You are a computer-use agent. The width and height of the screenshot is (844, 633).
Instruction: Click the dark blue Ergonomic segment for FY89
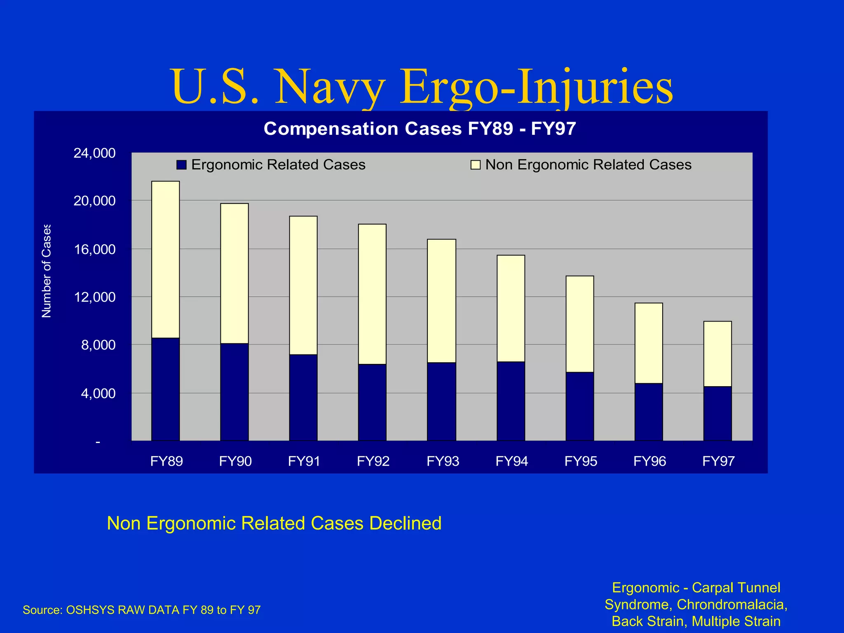(x=165, y=389)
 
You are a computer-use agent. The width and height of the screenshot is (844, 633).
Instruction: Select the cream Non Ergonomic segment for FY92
(x=372, y=294)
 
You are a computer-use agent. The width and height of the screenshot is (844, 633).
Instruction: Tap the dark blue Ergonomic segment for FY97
(x=717, y=413)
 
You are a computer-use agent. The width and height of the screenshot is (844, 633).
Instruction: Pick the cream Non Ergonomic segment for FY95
(x=579, y=324)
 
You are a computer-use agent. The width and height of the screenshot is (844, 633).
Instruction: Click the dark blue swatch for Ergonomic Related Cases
(x=181, y=165)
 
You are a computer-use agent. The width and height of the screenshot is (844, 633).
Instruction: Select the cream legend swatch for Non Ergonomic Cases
(x=476, y=165)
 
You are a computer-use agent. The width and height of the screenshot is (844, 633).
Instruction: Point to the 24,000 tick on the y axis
(x=94, y=153)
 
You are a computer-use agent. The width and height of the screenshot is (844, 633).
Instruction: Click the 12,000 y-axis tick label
(x=94, y=297)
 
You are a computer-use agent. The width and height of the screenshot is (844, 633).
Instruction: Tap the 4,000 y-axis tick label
(x=98, y=393)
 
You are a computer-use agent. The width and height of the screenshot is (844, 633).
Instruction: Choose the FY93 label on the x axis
(x=443, y=461)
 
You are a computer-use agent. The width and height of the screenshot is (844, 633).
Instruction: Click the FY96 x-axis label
(x=649, y=461)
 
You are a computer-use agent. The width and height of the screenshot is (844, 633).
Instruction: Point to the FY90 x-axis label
(x=235, y=461)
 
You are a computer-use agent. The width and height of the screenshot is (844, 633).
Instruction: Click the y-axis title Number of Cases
(x=47, y=271)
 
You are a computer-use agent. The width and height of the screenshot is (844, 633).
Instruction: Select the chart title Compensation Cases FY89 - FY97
(x=420, y=129)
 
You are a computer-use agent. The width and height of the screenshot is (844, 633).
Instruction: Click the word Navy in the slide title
(x=330, y=87)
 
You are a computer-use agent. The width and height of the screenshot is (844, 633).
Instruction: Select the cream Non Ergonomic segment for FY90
(x=234, y=273)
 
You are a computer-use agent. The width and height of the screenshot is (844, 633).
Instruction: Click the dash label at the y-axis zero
(x=98, y=442)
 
